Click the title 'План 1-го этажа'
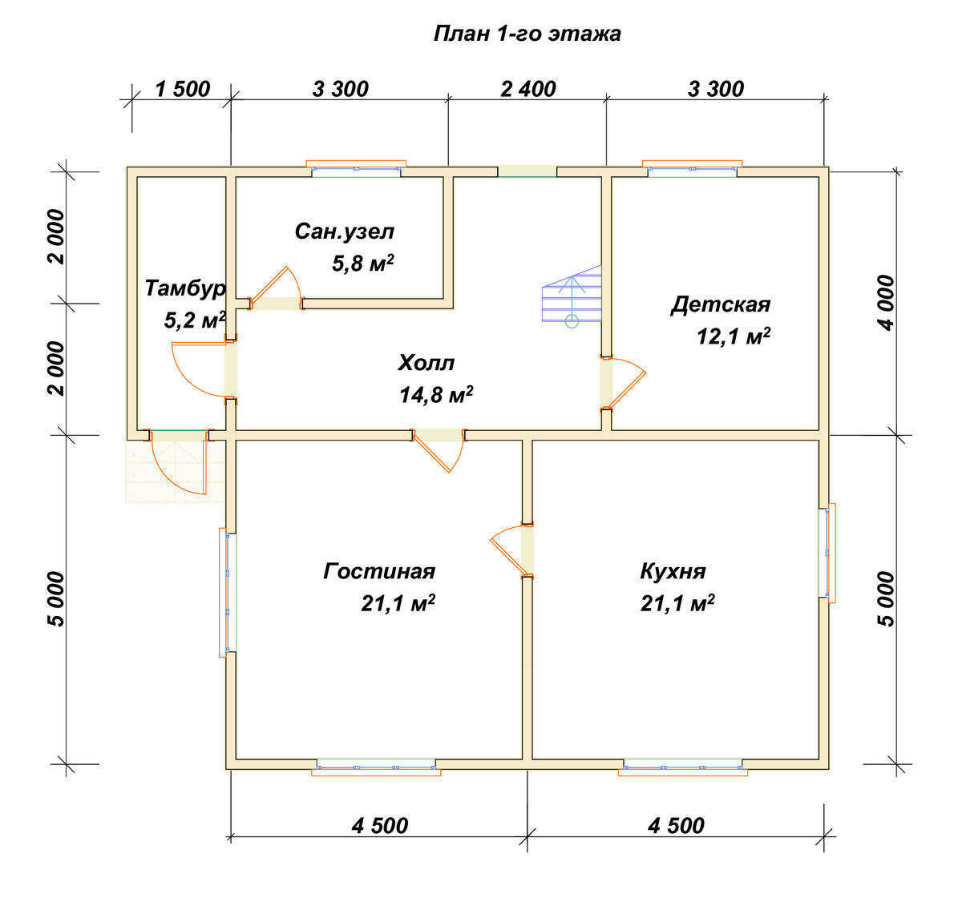point(527,34)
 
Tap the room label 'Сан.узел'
point(345,232)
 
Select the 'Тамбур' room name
point(185,288)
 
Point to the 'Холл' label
point(426,363)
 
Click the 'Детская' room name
point(720,305)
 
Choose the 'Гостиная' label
point(379,571)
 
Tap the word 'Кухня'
point(673,571)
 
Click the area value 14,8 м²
point(436,395)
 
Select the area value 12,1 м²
point(734,336)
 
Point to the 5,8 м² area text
point(363,264)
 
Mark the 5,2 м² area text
point(195,320)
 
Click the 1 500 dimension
point(183,89)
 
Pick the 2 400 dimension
point(528,89)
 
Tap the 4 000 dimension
point(886,303)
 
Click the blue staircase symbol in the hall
point(572,296)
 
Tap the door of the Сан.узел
point(276,288)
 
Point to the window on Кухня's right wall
point(827,553)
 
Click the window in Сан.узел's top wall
point(356,168)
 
